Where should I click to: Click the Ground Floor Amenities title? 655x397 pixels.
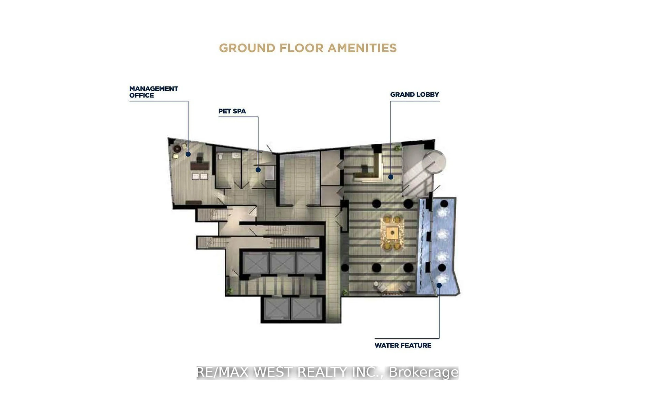(x=308, y=48)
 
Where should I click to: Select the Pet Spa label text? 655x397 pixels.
(x=232, y=111)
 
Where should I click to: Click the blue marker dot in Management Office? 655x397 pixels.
(x=188, y=154)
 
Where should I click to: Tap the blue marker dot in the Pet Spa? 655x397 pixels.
(x=258, y=170)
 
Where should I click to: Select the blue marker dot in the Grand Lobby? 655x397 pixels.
(x=390, y=177)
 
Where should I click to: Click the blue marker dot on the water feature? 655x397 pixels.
(x=439, y=285)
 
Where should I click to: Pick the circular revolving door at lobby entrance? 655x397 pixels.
(x=434, y=162)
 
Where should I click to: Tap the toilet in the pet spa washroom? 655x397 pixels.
(x=220, y=157)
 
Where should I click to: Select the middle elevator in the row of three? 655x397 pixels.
(x=282, y=262)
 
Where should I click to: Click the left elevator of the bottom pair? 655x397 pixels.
(x=276, y=309)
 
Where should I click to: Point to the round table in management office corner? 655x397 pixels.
(x=177, y=149)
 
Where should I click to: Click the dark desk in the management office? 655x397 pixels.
(x=200, y=166)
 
